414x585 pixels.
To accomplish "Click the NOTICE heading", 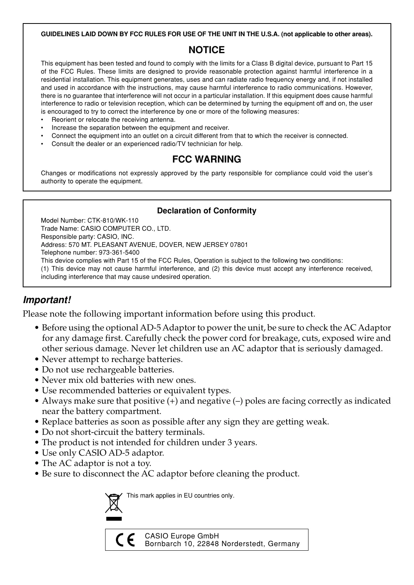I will point(206,50).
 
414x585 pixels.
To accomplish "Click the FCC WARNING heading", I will point(206,159).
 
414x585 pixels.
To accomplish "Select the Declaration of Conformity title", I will point(206,211).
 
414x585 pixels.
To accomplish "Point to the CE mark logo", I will point(125,540).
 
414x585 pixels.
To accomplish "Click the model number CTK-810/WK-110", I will point(113,221).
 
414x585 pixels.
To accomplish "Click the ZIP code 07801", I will point(239,245).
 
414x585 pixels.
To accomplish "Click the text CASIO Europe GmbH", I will point(182,536).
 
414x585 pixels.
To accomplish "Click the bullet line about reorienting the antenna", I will point(113,120).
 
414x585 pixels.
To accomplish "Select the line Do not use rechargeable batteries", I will point(108,370).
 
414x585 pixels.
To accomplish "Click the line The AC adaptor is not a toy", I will point(96,463).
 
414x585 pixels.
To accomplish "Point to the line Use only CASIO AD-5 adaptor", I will point(103,453).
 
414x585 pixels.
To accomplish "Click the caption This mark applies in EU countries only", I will point(180,496).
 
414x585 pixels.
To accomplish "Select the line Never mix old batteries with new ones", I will point(119,380).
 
